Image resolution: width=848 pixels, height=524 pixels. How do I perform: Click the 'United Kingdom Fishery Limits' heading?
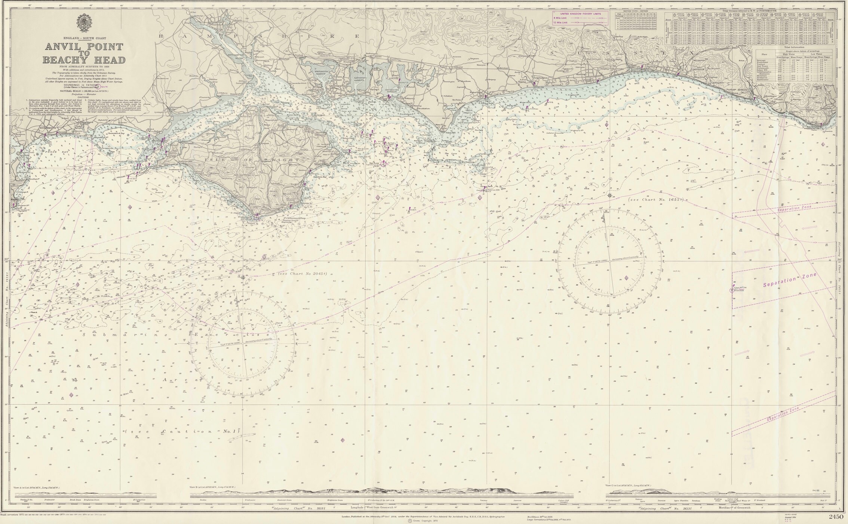point(577,13)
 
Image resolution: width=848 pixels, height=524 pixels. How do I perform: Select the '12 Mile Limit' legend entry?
point(560,22)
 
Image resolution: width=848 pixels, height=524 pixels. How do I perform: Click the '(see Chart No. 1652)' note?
point(656,200)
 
